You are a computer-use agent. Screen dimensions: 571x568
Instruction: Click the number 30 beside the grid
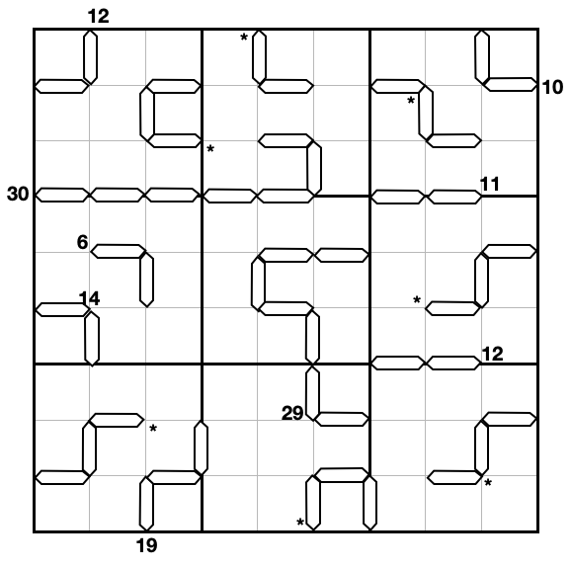coord(18,194)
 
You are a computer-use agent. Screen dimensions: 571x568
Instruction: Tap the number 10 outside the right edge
coord(552,87)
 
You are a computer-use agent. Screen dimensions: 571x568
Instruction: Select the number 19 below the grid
coord(147,546)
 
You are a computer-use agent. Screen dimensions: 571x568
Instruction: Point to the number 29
coord(292,413)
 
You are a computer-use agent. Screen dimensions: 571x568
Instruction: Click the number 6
coord(83,242)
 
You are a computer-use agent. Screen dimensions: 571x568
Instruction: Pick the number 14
coord(89,298)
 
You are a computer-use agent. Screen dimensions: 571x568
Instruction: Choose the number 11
coord(490,185)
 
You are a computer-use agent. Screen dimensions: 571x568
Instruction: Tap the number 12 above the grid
coord(99,17)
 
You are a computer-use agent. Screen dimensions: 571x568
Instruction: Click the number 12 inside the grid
coord(492,354)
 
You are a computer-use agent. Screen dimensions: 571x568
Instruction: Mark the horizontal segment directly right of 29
coord(342,419)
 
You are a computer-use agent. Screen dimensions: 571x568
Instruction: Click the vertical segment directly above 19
coord(146,504)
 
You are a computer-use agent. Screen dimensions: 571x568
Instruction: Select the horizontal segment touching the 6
coord(118,251)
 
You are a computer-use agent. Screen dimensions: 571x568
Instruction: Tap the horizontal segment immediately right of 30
coord(62,195)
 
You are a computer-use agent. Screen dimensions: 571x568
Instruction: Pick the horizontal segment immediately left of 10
coord(510,85)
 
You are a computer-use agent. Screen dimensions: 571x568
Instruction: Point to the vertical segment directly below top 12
coord(90,57)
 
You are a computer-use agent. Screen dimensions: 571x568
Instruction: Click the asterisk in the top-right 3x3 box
coord(411,100)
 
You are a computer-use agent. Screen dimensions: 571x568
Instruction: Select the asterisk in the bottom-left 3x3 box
coord(153,428)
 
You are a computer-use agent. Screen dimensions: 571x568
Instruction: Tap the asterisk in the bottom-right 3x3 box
coord(488,483)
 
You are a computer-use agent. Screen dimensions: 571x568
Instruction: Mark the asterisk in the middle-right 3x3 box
coord(417,299)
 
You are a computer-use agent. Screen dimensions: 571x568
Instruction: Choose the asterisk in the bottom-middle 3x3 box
coord(300,523)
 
